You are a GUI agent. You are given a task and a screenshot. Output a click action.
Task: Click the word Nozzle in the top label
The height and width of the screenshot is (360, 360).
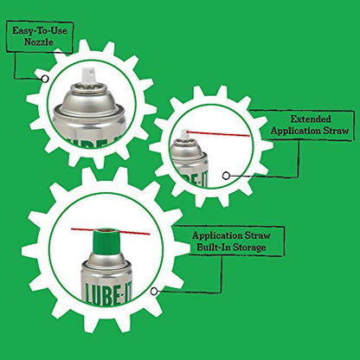point(39,42)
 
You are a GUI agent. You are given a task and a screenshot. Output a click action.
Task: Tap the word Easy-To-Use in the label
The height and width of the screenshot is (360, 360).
point(40,30)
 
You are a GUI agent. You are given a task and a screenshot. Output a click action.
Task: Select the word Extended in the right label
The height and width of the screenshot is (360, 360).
point(311,119)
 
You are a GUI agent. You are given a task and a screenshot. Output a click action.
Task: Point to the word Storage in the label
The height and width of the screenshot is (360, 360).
point(249,247)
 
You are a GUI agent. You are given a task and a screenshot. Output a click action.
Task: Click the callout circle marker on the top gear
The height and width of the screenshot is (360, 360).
point(45,79)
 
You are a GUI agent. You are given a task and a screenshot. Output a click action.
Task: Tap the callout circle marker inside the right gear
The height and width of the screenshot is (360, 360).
point(226,176)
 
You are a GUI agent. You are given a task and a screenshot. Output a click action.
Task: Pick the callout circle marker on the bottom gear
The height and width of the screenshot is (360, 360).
point(154,292)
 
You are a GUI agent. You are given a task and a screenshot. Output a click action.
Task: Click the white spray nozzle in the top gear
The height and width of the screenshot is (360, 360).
point(89,75)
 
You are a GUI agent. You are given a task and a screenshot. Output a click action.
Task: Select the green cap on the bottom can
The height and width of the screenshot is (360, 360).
point(107,241)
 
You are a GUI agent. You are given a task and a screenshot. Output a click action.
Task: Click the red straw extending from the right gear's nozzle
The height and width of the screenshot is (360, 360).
point(218,133)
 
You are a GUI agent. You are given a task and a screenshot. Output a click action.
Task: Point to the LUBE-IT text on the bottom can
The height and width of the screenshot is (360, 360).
point(109,293)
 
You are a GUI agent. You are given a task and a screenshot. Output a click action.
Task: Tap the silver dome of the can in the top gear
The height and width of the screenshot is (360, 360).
point(89,100)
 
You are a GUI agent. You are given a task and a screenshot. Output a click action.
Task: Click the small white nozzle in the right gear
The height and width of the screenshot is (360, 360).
point(183,134)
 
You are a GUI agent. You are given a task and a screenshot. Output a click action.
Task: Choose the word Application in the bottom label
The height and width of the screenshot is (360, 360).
point(217,235)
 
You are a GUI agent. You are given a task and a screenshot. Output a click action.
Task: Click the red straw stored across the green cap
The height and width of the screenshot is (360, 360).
point(111,231)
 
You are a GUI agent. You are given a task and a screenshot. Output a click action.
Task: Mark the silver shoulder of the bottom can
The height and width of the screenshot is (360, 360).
point(107,260)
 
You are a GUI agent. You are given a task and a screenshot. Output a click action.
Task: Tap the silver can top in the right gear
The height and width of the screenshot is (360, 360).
point(186,150)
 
